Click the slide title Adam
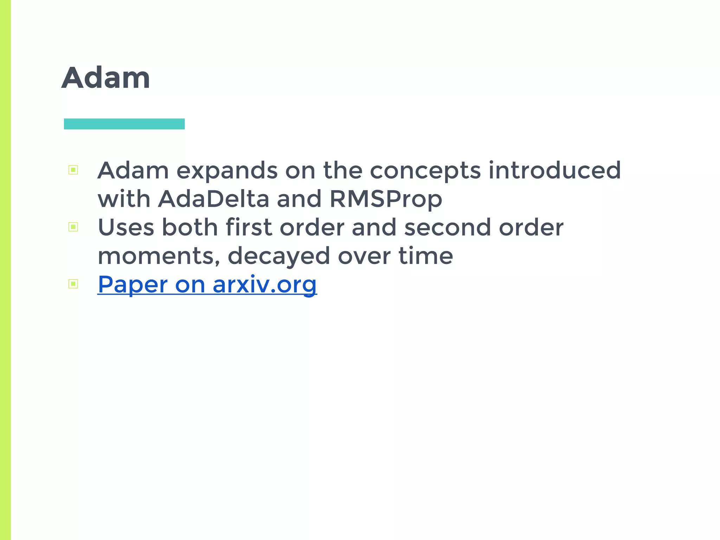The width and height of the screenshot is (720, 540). coord(106,78)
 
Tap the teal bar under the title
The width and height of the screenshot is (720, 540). coord(124,124)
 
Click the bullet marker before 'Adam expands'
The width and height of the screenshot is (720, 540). coord(73,170)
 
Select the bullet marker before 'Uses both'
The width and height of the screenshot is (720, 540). coord(73,227)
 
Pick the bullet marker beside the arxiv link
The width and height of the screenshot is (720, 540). coord(73,284)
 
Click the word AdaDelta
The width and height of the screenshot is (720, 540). coord(213,199)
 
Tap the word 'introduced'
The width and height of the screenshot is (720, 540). coord(554,170)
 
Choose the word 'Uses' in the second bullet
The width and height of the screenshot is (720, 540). coord(126,227)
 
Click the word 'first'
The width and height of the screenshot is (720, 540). coord(249,227)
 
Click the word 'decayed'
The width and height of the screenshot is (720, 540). coord(278,256)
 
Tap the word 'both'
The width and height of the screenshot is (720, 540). coord(189,227)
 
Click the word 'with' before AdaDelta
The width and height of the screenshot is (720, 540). coord(124,199)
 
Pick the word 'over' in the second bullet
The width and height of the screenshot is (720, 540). coord(364,256)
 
